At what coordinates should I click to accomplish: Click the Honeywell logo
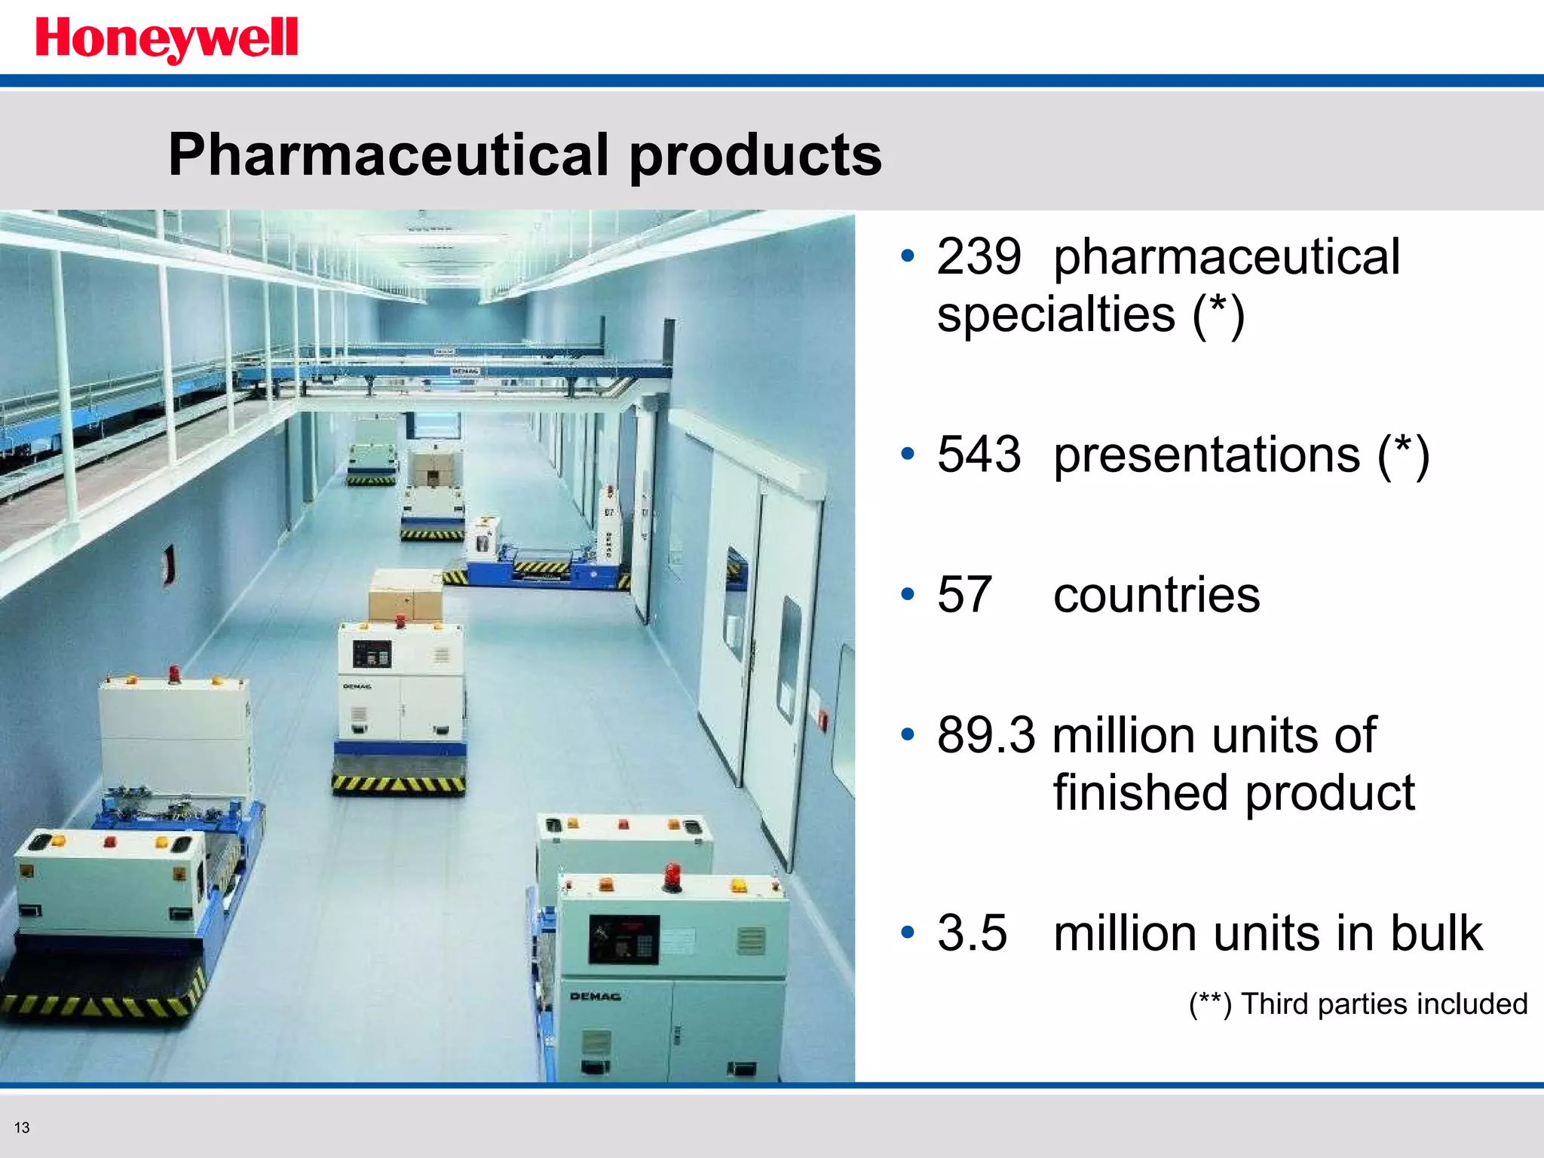tap(167, 39)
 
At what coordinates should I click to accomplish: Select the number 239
tap(979, 257)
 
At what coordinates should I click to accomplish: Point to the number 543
tap(979, 455)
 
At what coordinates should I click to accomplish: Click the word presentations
tap(1206, 455)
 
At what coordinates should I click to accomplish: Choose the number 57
tap(963, 595)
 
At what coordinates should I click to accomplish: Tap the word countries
tap(1156, 595)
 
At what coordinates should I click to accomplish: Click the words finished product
tap(1233, 793)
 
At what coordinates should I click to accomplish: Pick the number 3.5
tap(971, 933)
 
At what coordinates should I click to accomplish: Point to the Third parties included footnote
tap(1358, 1004)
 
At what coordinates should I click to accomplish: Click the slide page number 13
tap(22, 1128)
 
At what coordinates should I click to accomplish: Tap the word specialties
tap(1055, 314)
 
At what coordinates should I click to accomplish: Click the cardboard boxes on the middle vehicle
tap(406, 595)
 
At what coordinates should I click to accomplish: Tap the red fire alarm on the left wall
tap(171, 565)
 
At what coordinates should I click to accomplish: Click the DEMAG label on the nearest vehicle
tap(595, 997)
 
